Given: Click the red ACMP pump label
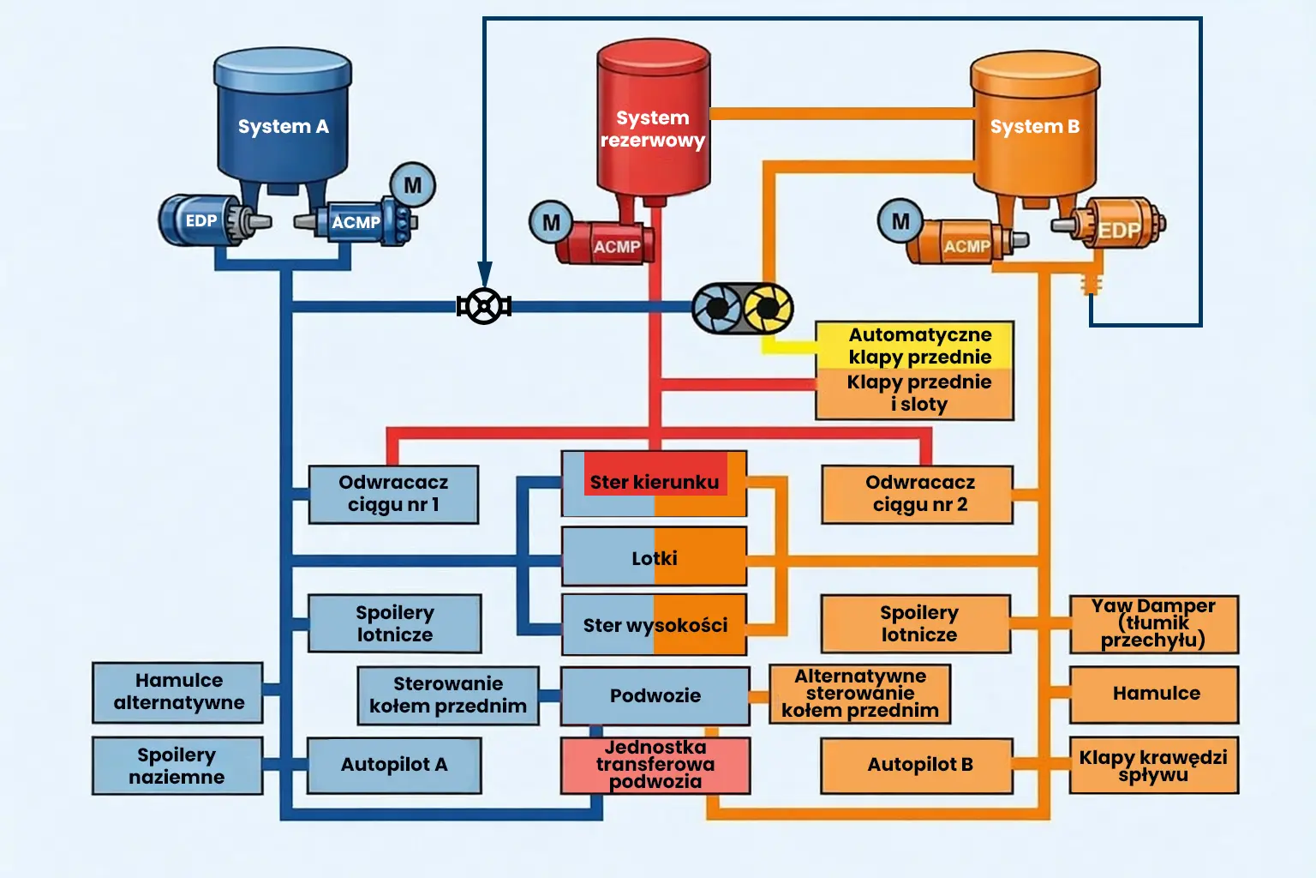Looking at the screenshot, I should tap(616, 246).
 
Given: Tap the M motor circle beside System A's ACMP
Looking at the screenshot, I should tap(413, 185).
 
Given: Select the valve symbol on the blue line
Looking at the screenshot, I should tap(484, 306).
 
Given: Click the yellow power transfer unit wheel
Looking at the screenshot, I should tap(768, 309).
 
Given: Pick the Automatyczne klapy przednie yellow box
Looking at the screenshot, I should tap(915, 346).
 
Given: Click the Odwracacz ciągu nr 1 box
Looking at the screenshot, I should tap(393, 494).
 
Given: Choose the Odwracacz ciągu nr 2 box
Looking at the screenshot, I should tap(918, 494).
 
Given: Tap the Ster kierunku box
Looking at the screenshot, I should tap(654, 483).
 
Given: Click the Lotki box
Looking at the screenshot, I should tap(654, 557).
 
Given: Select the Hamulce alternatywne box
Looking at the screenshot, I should tap(178, 692).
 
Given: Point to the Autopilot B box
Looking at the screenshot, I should tap(917, 764).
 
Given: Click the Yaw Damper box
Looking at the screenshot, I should tap(1153, 623).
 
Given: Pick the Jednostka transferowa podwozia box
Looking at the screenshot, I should tap(655, 764).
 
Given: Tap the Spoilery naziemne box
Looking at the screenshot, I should tap(177, 765).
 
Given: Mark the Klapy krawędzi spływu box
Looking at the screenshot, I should tap(1153, 765).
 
